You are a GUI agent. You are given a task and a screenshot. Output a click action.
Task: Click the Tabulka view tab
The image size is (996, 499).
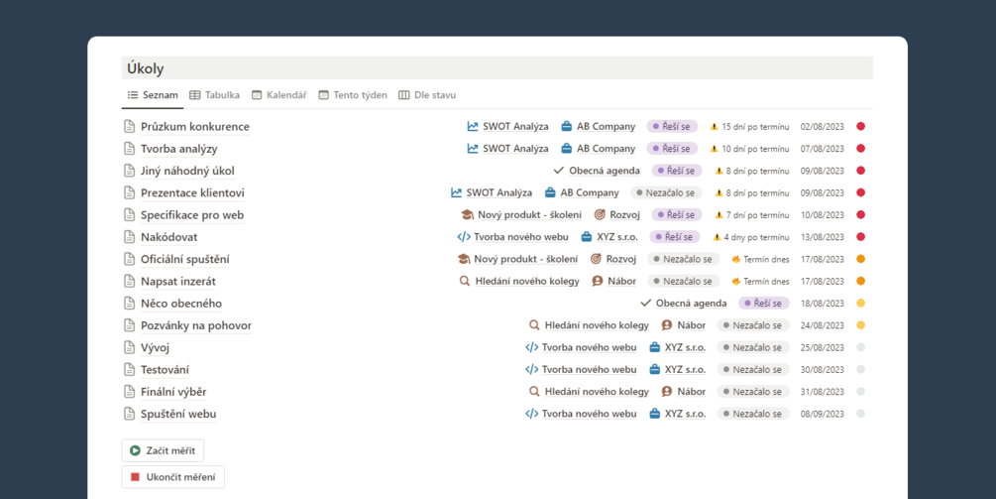coord(215,95)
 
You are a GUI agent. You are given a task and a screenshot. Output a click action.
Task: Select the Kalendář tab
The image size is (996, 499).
coord(279,95)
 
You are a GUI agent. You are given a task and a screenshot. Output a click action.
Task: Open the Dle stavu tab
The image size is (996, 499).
coord(427,95)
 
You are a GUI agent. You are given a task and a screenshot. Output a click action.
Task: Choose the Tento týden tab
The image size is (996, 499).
coord(353,95)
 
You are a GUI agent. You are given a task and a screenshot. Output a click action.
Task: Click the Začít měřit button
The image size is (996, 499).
coord(163,450)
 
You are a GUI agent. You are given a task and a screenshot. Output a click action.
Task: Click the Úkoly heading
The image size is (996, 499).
coord(146,68)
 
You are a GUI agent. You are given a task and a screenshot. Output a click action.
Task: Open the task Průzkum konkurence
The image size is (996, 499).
coord(195,127)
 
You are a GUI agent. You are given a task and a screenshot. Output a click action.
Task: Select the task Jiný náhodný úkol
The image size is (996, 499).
coord(187,171)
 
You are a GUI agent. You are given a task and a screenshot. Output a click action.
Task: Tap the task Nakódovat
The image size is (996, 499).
coord(168,237)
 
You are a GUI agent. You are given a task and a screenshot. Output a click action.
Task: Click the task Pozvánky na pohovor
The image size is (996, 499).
coord(196,325)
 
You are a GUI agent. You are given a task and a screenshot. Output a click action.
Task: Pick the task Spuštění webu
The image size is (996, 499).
coord(178,414)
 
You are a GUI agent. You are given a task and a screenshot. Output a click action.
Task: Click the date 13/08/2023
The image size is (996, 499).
coord(822,237)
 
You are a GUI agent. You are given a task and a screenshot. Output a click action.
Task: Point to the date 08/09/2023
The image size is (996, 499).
coord(822,414)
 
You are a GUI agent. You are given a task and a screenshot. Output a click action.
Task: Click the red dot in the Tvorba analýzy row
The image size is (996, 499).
coord(860,149)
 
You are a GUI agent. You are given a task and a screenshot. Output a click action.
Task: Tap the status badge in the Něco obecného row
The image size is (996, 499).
coord(763,304)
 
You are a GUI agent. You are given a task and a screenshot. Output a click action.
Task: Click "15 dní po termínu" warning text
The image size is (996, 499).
coord(755,127)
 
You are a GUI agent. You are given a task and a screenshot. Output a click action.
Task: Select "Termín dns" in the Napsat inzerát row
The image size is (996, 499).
coord(766,281)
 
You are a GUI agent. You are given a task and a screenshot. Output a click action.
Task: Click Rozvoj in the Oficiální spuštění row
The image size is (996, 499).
coord(621,259)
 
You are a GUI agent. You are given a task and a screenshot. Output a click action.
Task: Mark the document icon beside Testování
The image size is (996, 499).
coord(129,369)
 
